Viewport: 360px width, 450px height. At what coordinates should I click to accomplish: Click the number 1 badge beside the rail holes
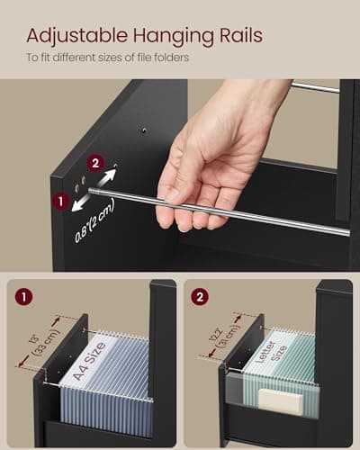tap(61, 201)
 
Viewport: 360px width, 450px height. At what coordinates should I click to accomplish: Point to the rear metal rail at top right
tap(315, 87)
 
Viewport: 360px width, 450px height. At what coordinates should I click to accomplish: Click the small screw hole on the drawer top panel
tap(144, 131)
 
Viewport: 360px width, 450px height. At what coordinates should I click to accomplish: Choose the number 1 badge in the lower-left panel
tap(22, 297)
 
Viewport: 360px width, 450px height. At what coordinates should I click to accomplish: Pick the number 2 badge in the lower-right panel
tap(201, 297)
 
